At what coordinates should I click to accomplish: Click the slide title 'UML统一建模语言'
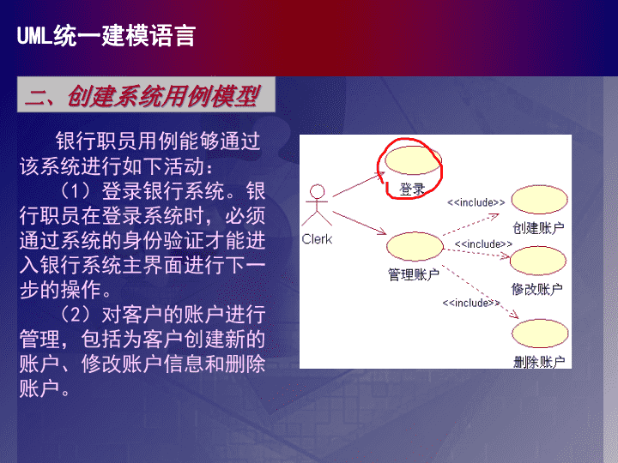pos(106,36)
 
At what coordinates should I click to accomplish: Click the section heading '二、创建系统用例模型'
pos(142,96)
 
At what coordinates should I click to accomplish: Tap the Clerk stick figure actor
pos(317,205)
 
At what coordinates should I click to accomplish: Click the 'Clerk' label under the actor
pos(317,239)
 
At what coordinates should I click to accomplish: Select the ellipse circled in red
pos(413,160)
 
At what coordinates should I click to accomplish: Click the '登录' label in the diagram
pos(412,189)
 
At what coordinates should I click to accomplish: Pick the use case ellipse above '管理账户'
pos(415,246)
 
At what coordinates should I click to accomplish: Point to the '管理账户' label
pos(414,274)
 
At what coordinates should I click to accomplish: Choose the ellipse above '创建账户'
pos(540,199)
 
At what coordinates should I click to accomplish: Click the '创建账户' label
pos(538,227)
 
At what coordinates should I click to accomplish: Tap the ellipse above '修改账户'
pos(538,261)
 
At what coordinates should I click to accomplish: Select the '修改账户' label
pos(536,290)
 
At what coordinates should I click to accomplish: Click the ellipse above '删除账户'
pos(540,334)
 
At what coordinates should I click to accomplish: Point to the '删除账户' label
pos(539,362)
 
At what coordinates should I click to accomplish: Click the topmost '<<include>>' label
pos(476,202)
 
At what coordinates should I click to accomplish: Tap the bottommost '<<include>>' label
pos(471,303)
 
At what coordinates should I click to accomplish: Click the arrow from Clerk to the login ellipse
pos(359,184)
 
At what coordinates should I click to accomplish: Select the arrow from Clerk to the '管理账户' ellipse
pos(360,223)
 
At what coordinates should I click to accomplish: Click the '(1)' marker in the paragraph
pos(76,191)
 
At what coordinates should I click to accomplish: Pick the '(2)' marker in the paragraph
pos(76,315)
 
